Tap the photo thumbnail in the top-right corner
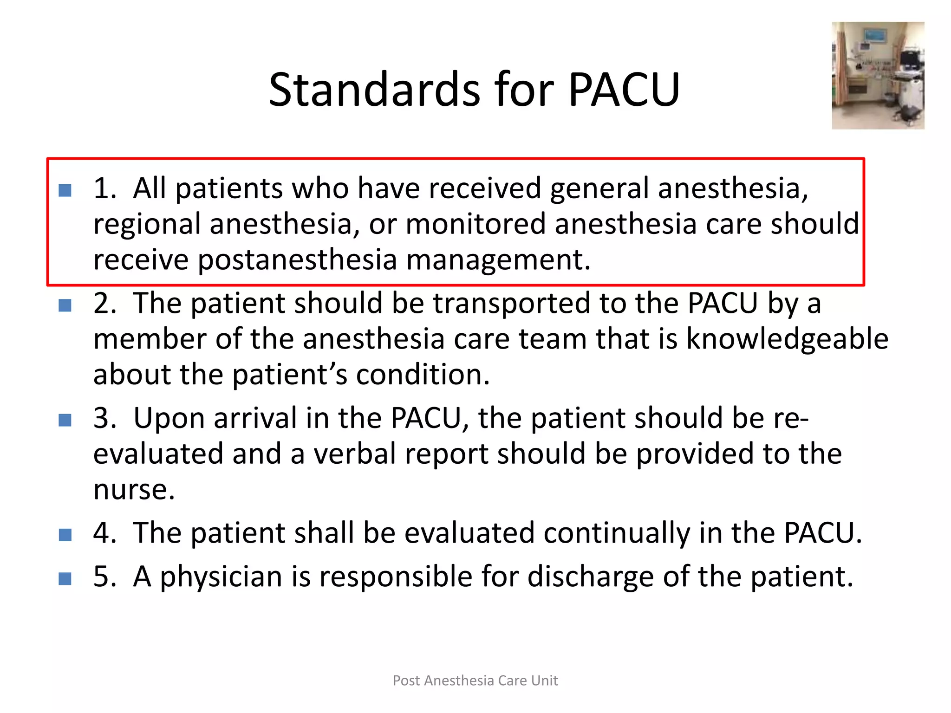[x=878, y=75]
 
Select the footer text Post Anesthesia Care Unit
[x=475, y=680]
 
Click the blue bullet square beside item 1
[x=65, y=190]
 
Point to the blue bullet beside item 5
[x=65, y=579]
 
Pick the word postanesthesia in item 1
[x=297, y=259]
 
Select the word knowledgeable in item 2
[x=787, y=339]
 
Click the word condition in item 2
[x=422, y=375]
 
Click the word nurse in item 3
[x=134, y=490]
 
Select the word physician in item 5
[x=221, y=577]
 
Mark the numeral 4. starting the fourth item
[x=104, y=533]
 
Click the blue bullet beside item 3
[x=65, y=420]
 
